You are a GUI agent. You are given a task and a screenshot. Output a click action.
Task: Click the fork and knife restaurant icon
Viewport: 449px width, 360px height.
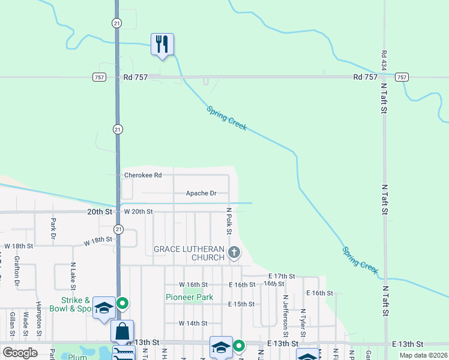coord(162,44)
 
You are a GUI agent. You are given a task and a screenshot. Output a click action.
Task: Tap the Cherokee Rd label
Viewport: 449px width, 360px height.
coord(143,175)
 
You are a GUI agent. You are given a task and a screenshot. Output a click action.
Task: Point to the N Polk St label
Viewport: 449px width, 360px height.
coord(229,221)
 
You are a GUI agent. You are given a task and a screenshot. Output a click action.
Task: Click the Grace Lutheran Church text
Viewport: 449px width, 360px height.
coord(189,253)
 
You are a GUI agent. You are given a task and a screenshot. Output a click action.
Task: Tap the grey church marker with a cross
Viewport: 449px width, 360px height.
coord(234,253)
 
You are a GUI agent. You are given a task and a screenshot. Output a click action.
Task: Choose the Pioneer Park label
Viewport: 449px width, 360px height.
coord(189,297)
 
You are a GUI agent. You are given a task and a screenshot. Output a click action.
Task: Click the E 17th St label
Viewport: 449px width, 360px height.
coord(282,276)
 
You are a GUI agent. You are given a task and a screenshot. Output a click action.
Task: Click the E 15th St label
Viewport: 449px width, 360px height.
coord(241,304)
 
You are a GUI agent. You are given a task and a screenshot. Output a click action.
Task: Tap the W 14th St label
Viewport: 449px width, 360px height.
coord(193,323)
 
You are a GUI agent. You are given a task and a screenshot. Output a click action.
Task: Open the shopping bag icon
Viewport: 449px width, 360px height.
coord(122,331)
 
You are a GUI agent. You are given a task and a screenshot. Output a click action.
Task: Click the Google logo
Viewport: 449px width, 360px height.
coord(20,353)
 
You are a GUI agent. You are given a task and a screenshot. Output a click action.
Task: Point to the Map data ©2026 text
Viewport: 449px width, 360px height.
coord(423,355)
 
